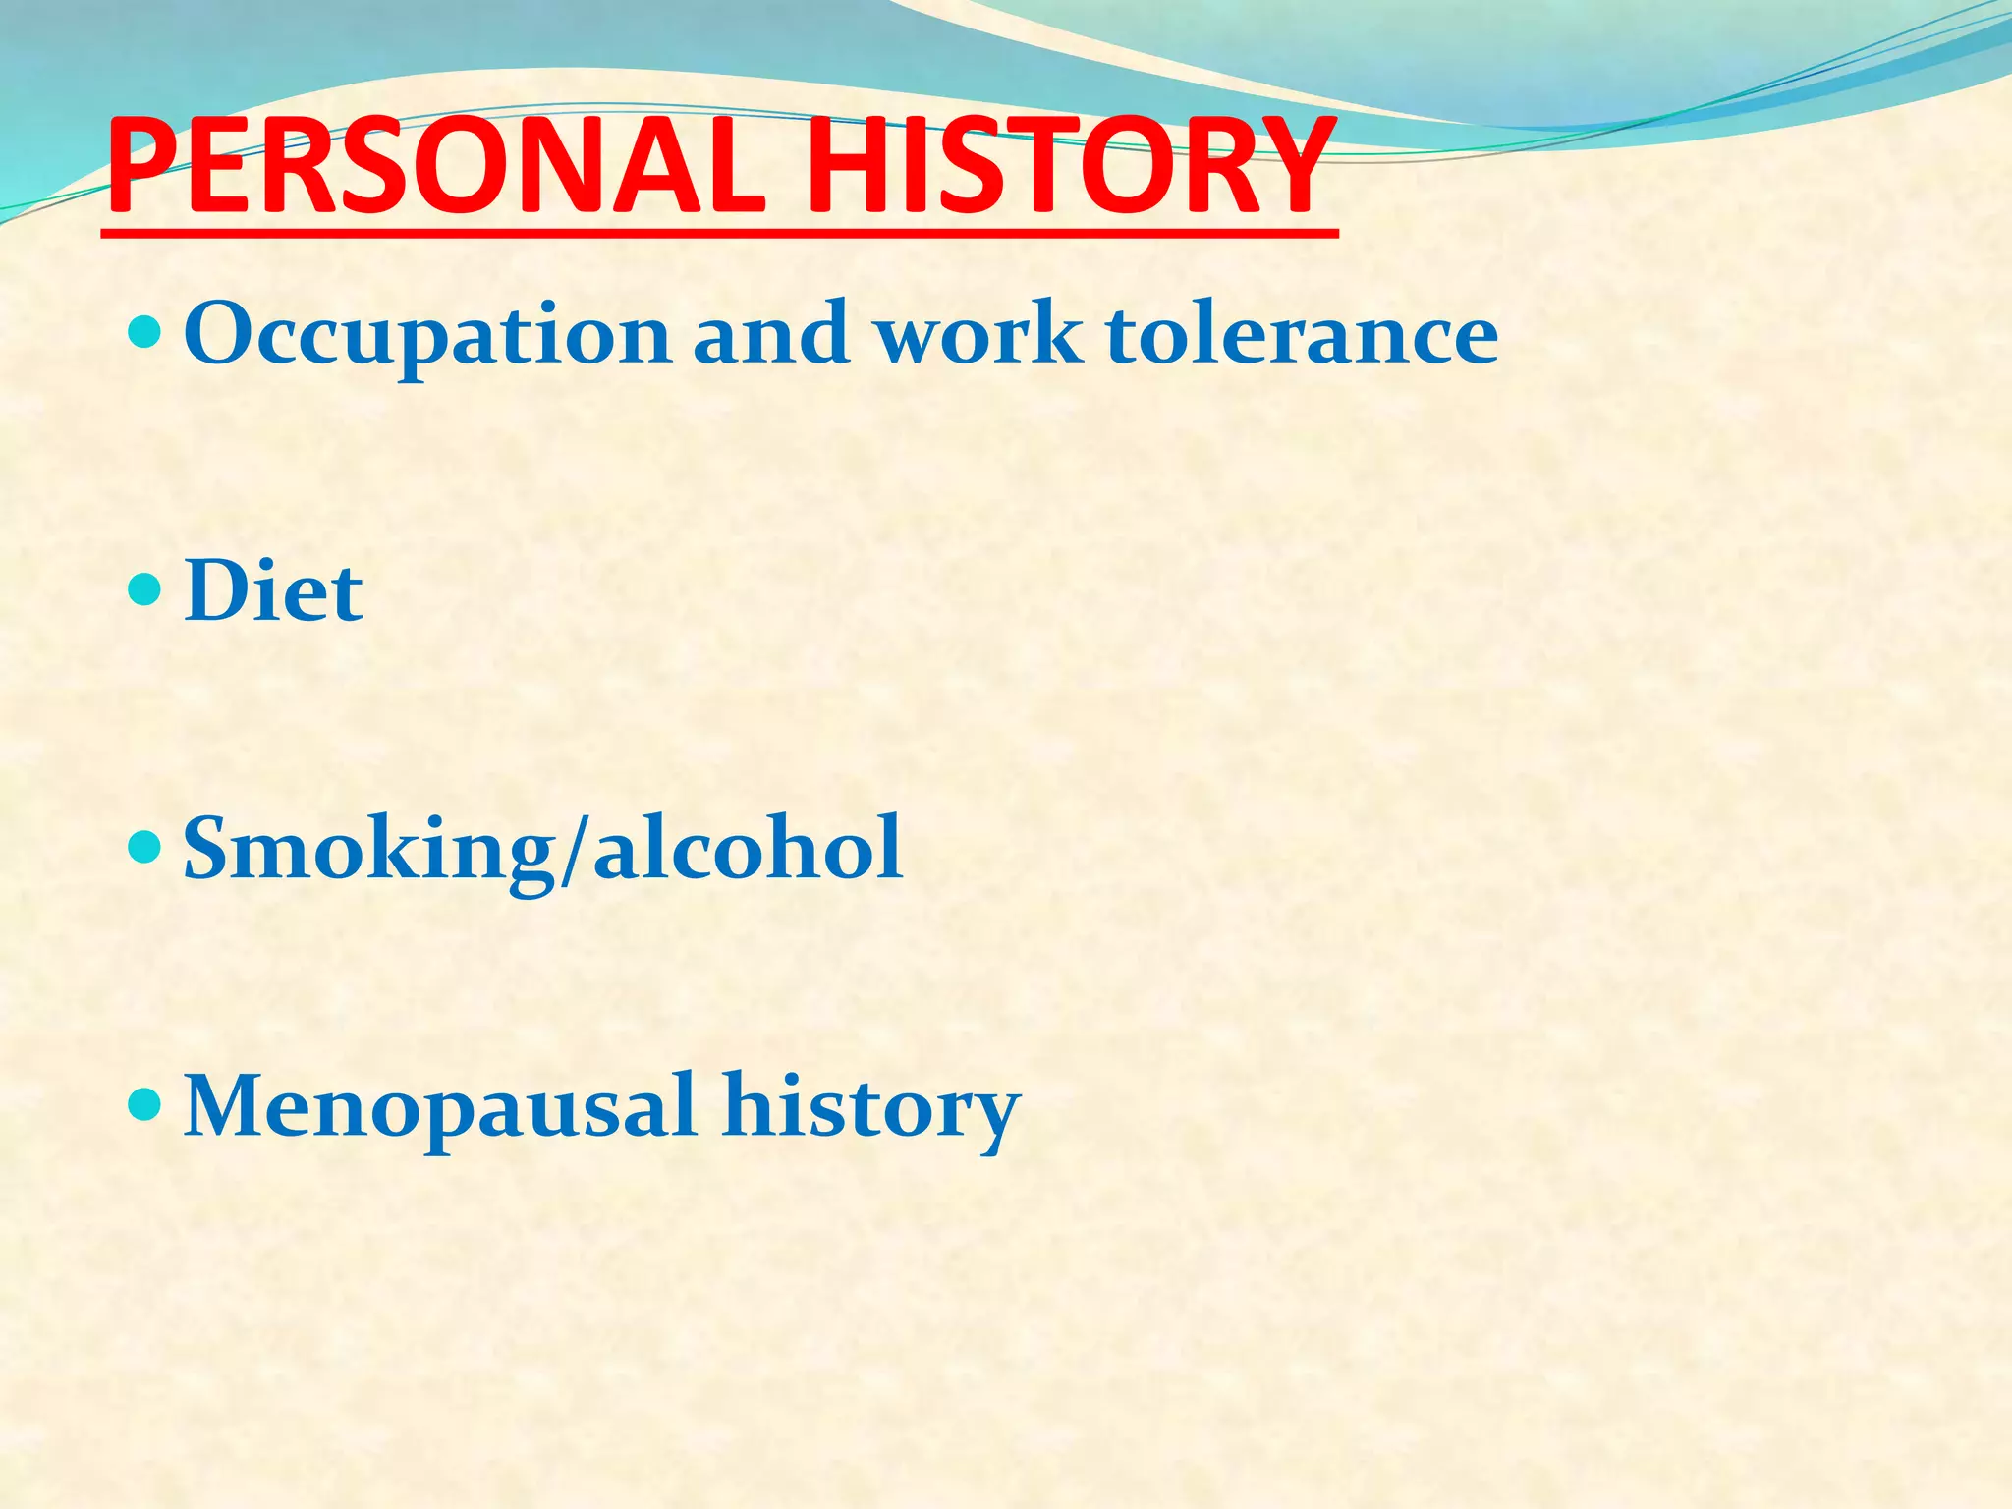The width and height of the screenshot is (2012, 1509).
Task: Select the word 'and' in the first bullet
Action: coord(771,334)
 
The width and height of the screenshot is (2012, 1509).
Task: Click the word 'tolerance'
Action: coord(1302,334)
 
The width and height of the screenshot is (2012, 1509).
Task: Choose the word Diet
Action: coord(273,591)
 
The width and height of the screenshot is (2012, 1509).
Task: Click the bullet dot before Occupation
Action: coord(144,332)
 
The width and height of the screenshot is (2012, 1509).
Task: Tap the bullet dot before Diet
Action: coord(144,589)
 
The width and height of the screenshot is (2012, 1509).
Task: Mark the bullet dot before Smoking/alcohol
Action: coord(144,846)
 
